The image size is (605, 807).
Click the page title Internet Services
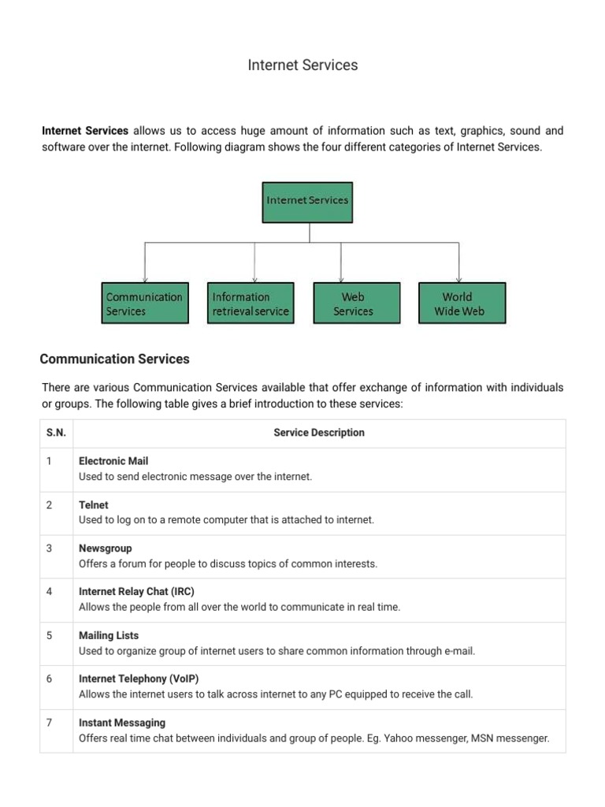coord(302,65)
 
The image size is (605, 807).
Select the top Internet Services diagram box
coord(307,201)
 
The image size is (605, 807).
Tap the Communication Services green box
coord(146,303)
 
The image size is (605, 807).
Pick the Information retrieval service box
coord(251,303)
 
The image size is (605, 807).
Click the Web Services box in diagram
coord(356,303)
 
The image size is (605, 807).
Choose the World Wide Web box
coord(462,303)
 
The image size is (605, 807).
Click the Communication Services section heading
coord(114,359)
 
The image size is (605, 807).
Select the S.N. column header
coord(56,433)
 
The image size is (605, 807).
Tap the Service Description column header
coord(319,433)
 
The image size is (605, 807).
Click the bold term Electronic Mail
coord(113,461)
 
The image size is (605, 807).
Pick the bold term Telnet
coord(94,505)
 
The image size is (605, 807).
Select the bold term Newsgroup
coord(106,549)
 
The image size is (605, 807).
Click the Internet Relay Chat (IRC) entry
coord(136,592)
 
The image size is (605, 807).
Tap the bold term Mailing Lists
coord(109,635)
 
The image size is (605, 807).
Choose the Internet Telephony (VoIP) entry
coord(133,679)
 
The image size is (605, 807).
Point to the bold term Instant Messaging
coord(122,723)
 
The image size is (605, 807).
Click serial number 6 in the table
coord(49,679)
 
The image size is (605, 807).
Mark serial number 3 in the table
coord(49,549)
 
